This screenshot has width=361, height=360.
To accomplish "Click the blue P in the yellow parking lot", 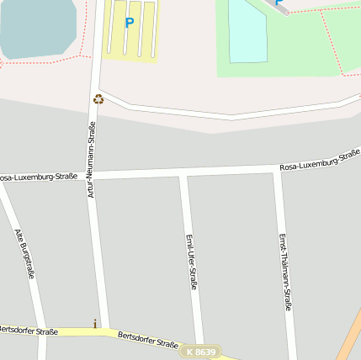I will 129,23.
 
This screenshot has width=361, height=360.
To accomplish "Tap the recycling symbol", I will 98,99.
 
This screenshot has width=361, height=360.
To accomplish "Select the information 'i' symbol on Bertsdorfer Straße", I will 95,323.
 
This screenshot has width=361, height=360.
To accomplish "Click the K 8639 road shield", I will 201,352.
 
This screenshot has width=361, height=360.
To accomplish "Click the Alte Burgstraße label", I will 24,253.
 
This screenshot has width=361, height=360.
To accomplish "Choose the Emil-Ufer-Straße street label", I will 192,262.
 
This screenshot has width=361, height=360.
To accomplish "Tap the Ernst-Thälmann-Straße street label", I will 285,272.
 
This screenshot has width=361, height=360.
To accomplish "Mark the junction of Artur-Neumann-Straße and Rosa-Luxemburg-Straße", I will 93,175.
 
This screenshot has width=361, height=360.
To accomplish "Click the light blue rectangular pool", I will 247,31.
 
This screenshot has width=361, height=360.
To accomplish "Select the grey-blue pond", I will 37,27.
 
